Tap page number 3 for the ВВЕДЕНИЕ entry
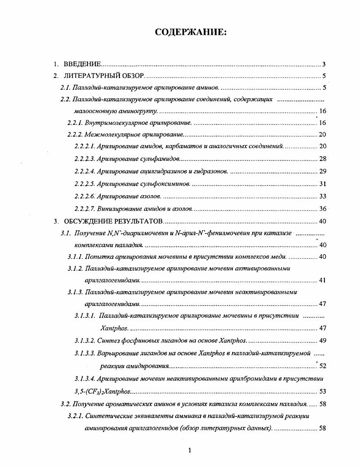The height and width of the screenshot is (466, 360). click(324, 64)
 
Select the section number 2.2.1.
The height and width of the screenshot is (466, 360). click(76, 123)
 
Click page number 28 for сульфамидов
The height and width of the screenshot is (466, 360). click(322, 159)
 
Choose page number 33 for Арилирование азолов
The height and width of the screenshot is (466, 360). click(322, 196)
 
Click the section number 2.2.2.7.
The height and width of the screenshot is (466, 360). click(84, 208)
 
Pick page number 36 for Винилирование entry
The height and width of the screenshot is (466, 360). click(322, 208)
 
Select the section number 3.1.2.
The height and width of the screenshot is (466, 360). click(76, 269)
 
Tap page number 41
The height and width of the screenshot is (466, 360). click(322, 280)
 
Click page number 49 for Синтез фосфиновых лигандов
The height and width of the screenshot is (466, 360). click(322, 340)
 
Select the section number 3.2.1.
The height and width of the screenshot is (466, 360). click(76, 416)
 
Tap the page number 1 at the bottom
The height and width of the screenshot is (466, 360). click(190, 450)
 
